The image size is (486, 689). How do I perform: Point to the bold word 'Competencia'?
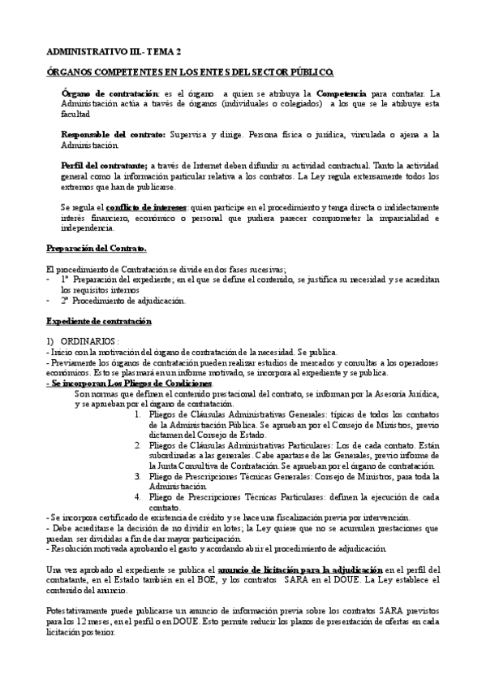click(x=342, y=94)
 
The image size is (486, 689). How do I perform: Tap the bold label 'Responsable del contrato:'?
click(x=114, y=134)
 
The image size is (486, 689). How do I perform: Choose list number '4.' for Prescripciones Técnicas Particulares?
click(x=139, y=496)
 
